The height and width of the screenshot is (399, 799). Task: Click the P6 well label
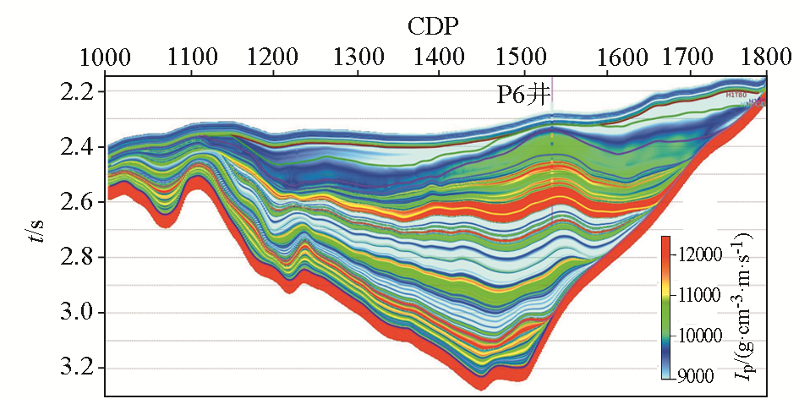click(x=523, y=94)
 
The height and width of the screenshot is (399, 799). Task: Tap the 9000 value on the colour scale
click(x=701, y=375)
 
